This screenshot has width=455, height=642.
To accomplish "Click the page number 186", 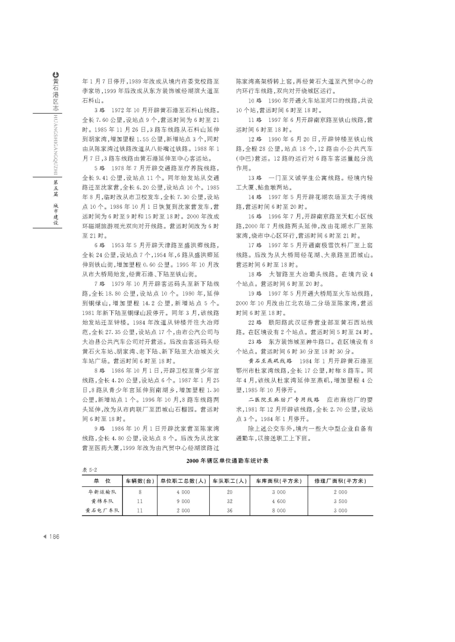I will click(x=53, y=537).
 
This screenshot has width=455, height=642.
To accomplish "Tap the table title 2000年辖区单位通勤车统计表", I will click(x=227, y=461).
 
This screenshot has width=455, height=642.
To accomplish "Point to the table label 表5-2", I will click(x=88, y=470).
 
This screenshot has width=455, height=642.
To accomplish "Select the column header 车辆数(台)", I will click(x=140, y=481).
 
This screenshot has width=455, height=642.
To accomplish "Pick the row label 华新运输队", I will click(x=103, y=492).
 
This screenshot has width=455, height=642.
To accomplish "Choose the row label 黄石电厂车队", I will click(x=102, y=511).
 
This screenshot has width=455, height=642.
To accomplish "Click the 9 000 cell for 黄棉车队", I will click(x=183, y=501).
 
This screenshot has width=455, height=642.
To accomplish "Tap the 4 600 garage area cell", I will click(x=278, y=501).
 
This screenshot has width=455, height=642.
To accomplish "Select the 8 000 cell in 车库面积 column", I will click(x=278, y=511).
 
